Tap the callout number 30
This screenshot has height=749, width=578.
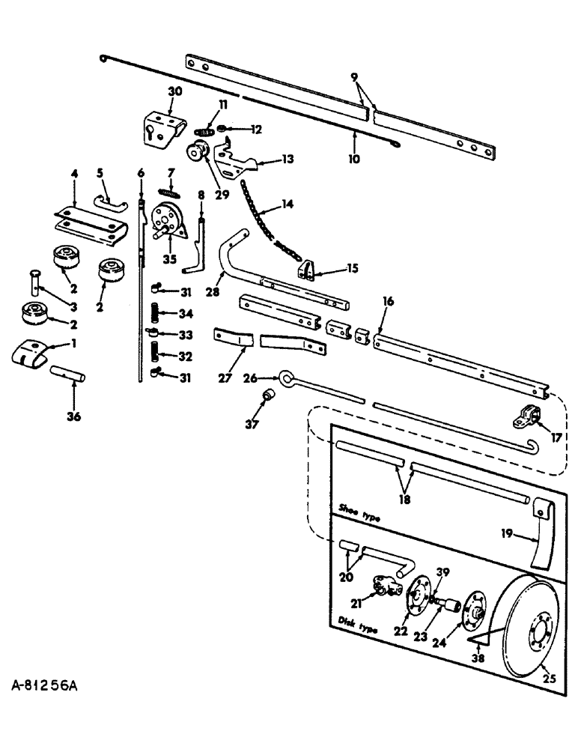[174, 91]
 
